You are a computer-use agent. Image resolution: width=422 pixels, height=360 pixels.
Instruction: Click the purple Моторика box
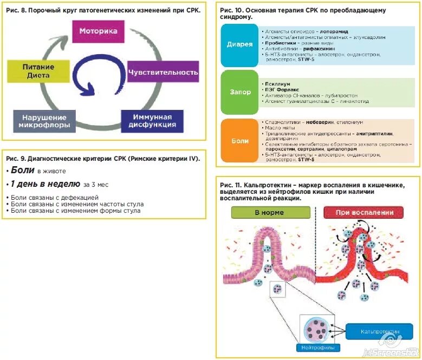98,31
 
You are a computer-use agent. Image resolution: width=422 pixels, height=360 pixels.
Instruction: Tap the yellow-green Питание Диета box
38,71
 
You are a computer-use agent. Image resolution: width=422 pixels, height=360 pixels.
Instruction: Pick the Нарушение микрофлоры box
44,121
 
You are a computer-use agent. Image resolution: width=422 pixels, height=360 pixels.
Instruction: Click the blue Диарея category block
239,44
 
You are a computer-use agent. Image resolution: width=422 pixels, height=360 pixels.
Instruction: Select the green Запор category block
239,92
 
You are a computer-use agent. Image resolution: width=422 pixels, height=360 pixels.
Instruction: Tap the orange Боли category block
239,141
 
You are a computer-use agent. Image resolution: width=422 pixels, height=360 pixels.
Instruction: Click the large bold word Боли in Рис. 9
23,170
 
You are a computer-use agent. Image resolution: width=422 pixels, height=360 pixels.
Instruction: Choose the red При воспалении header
364,212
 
